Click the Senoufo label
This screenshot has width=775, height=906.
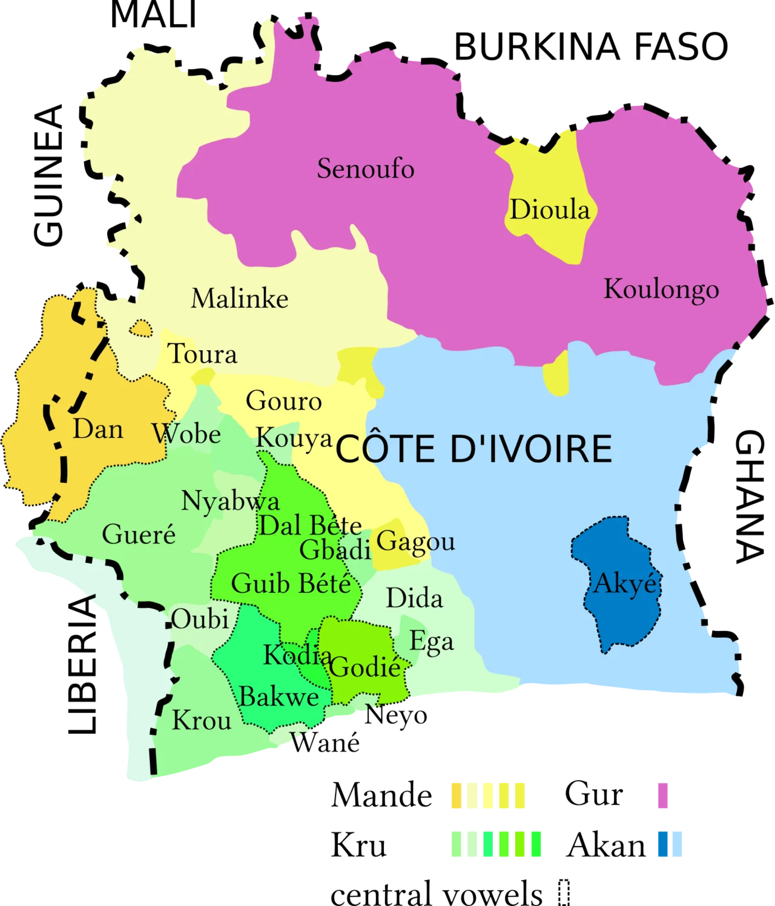tap(366, 168)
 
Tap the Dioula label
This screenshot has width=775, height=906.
tap(549, 210)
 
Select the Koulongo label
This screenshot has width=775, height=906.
tap(661, 289)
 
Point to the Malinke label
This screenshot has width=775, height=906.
tap(240, 299)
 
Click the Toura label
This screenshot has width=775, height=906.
tap(202, 354)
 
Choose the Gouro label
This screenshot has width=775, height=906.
tap(283, 401)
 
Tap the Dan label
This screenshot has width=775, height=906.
tap(98, 429)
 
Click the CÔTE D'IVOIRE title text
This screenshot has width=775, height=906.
tap(473, 449)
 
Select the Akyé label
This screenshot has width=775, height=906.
tap(625, 584)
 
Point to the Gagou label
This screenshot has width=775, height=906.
tap(415, 541)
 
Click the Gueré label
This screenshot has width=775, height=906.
tap(139, 534)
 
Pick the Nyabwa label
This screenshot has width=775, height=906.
tap(231, 501)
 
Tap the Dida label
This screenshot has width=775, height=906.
tap(414, 598)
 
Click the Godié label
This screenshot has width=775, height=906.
tap(366, 667)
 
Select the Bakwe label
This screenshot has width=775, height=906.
tap(279, 697)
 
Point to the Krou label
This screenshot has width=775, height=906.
tap(202, 721)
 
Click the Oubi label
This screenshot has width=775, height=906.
tap(200, 619)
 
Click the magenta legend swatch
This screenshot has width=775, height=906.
tap(661, 795)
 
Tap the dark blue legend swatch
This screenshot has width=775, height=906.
tap(661, 844)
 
